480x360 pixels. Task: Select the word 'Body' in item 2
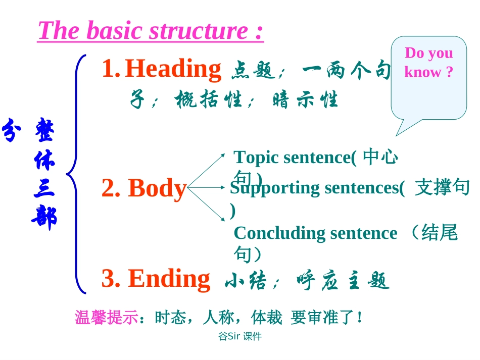pos(157,188)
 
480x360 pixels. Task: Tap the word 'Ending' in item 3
pos(169,278)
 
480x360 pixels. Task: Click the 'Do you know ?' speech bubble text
pos(428,63)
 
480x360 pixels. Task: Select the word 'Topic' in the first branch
pos(256,158)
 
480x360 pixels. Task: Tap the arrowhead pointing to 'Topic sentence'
pos(223,156)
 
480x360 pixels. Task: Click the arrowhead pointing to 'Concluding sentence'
pos(223,219)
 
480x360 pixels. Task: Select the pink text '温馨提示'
pos(106,318)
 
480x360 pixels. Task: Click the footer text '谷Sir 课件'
pos(239,336)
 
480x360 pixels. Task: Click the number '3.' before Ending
pos(111,278)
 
